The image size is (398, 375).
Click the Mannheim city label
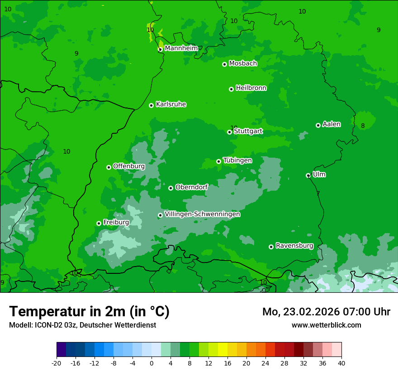click(x=181, y=48)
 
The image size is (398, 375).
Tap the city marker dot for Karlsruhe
click(x=151, y=105)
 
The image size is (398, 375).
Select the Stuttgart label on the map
click(x=248, y=131)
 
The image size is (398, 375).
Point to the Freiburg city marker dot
click(x=99, y=223)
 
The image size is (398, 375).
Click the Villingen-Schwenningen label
click(x=202, y=214)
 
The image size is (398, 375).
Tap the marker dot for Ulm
click(x=308, y=175)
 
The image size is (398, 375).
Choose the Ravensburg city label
click(x=294, y=246)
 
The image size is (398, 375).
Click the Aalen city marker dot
click(x=318, y=125)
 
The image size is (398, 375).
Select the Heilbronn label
click(x=251, y=88)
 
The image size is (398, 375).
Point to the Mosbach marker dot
click(x=224, y=64)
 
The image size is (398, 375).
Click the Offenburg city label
click(x=129, y=166)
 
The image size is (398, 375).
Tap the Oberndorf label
click(x=191, y=187)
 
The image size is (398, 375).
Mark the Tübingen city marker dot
click(x=218, y=161)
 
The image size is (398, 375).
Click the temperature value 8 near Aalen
click(x=363, y=126)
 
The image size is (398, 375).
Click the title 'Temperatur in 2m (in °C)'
click(x=89, y=312)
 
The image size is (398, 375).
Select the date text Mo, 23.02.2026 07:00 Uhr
click(x=326, y=312)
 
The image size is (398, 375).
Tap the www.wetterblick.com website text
click(x=326, y=325)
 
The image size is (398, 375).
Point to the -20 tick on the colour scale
click(x=57, y=363)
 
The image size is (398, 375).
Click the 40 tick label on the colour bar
click(x=341, y=363)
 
